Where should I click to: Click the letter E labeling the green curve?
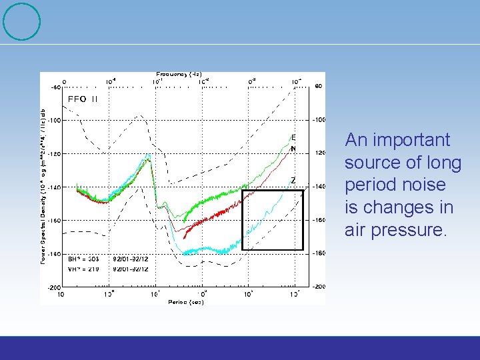(x=293, y=137)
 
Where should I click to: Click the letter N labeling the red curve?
(x=293, y=149)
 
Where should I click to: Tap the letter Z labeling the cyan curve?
(x=293, y=181)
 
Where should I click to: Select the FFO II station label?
(x=83, y=99)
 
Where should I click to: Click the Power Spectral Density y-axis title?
(x=45, y=185)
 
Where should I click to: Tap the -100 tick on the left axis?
(x=53, y=121)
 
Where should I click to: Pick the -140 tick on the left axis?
(x=53, y=187)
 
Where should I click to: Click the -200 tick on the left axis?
(x=53, y=287)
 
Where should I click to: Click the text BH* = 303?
(x=83, y=257)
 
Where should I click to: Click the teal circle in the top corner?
(x=22, y=22)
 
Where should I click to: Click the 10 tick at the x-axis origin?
(x=61, y=293)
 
